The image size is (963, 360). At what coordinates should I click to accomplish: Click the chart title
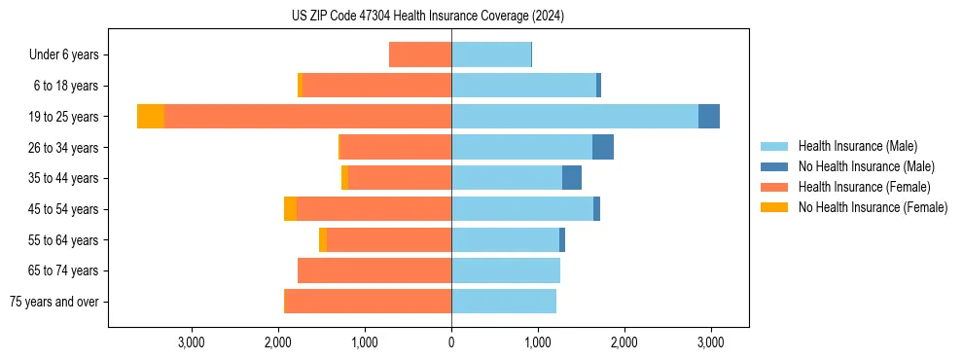tap(427, 17)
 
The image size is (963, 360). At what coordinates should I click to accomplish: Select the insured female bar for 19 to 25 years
tap(307, 117)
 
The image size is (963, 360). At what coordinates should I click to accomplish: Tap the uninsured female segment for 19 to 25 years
tap(151, 117)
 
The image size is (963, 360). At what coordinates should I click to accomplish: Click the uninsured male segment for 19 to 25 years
tap(709, 117)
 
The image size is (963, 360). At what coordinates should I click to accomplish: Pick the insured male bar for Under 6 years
tap(491, 54)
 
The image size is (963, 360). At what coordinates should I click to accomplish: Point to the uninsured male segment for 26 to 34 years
tap(603, 147)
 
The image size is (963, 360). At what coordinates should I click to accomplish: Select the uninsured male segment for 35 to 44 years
tap(572, 178)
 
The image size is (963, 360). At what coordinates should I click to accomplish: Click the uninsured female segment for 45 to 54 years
tap(290, 209)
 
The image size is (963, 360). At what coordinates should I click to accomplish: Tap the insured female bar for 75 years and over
tap(368, 302)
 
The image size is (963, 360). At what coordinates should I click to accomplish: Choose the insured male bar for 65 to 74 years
tap(506, 270)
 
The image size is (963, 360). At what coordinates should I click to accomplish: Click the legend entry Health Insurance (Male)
tap(857, 146)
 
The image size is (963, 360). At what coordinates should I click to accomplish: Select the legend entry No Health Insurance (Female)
tap(873, 207)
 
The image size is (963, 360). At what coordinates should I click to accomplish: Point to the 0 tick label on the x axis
tap(451, 342)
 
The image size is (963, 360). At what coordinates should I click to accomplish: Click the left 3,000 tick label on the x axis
tap(192, 342)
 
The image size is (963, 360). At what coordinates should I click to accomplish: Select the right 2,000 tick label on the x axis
tap(624, 342)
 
